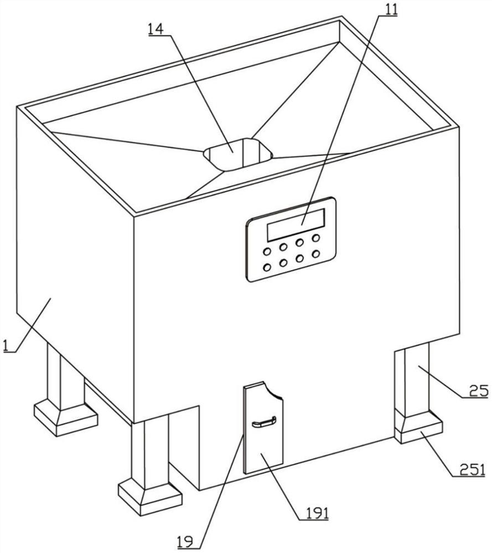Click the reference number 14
tap(155, 29)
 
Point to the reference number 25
tap(480, 391)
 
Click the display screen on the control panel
tap(295, 225)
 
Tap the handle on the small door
tap(263, 424)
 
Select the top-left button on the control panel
tap(267, 252)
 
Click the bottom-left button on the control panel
tap(267, 268)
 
